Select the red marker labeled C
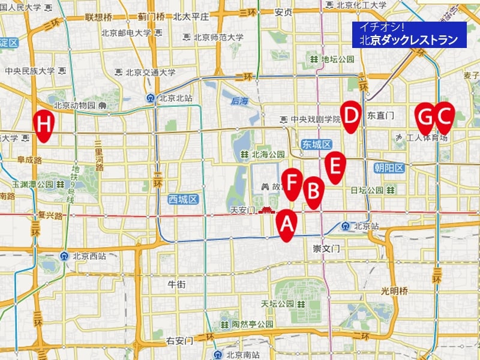click(443, 116)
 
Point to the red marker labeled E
click(335, 165)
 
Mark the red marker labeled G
click(425, 116)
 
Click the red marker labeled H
click(44, 124)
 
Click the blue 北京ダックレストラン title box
click(410, 34)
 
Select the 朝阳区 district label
click(388, 168)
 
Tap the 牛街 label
click(176, 283)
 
